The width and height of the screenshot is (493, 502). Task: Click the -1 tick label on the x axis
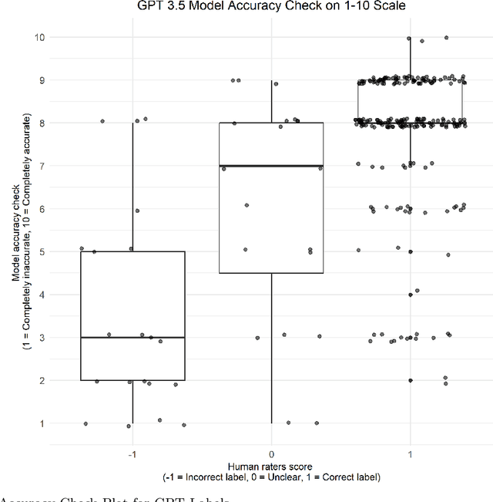coord(132,453)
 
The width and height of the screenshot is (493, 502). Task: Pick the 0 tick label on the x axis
coord(271,453)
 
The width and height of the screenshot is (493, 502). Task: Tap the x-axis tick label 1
coord(410,453)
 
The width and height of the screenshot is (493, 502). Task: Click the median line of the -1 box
coord(132,337)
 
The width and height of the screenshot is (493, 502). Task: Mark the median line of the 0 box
coord(271,166)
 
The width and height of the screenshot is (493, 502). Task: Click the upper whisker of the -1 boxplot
coord(132,185)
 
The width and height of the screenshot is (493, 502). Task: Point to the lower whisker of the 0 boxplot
coord(271,347)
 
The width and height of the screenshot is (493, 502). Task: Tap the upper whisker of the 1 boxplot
coord(410,58)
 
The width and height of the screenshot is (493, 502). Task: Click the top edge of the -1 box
coord(132,251)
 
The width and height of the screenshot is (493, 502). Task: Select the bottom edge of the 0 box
coord(271,273)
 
